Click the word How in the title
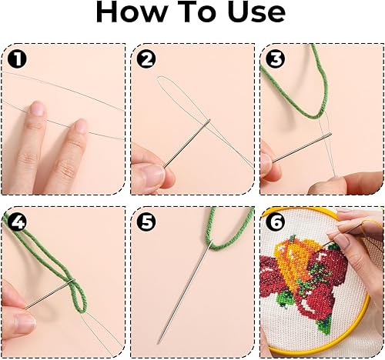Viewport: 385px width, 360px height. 131,12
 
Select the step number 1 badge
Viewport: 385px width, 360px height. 17,59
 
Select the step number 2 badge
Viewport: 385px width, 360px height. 146,59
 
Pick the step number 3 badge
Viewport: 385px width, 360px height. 276,59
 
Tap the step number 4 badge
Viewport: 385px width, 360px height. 17,222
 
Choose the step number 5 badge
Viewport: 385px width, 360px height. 146,222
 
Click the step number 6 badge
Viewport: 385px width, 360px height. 276,222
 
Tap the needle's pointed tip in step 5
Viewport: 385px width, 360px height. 159,342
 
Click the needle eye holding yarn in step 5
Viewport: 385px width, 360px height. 210,243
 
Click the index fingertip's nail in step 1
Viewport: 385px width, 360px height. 38,109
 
